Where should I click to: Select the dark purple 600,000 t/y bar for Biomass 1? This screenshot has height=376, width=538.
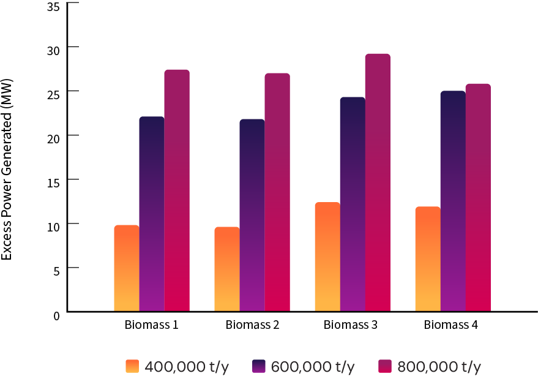coord(152,214)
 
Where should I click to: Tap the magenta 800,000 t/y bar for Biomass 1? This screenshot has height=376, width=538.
coord(177,190)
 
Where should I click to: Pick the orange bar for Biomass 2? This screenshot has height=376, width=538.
coord(227,269)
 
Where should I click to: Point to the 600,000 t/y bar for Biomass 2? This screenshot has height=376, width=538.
coord(252,215)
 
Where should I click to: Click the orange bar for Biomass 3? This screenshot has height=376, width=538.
coord(327,257)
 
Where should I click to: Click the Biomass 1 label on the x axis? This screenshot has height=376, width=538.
coord(152,325)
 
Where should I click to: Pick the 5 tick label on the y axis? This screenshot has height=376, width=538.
coord(56,269)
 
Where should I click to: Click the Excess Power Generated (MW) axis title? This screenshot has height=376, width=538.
coord(7,168)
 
